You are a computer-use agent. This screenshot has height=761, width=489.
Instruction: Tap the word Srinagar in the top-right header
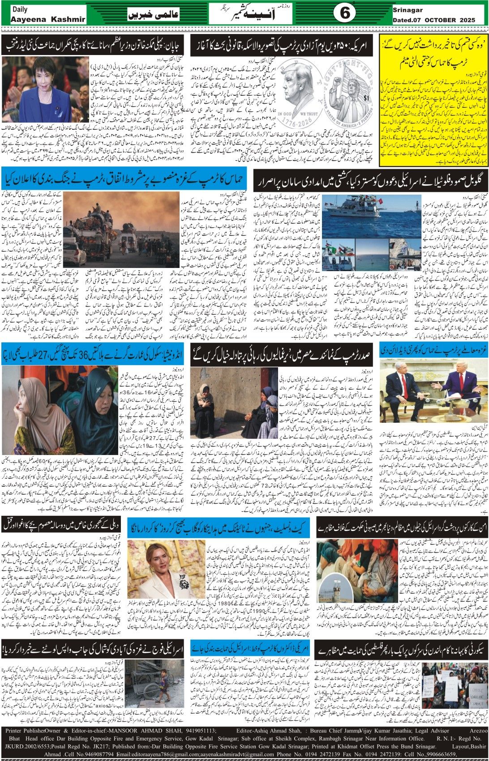click(408, 9)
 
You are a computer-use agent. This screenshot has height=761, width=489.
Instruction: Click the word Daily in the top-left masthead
click(20, 9)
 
